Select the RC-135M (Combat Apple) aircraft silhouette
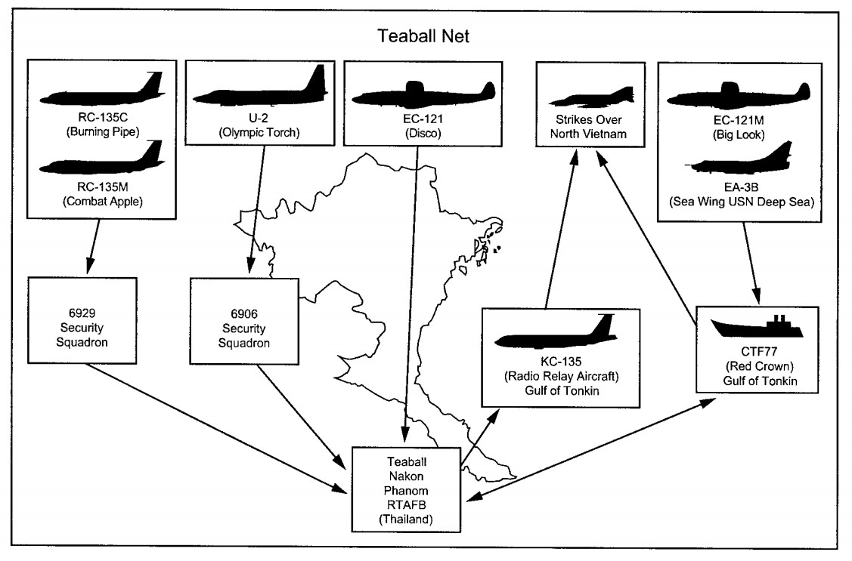pyautogui.click(x=102, y=158)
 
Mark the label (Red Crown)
pyautogui.click(x=758, y=368)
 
